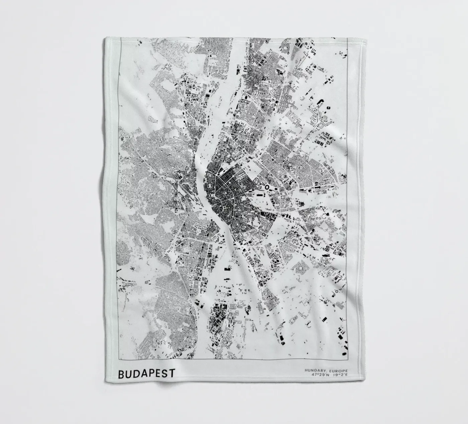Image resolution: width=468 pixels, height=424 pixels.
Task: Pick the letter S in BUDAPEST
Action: click(x=165, y=374)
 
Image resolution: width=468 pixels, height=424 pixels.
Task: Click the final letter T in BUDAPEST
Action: click(x=172, y=374)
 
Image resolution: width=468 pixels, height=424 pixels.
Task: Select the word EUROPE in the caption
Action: click(x=339, y=371)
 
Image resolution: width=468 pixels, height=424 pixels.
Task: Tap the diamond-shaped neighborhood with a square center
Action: click(x=300, y=267)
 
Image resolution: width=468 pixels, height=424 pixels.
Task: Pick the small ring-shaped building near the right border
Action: click(x=337, y=291)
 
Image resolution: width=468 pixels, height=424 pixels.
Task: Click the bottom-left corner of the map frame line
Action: click(x=120, y=358)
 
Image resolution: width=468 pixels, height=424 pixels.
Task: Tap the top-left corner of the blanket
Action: click(x=105, y=38)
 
